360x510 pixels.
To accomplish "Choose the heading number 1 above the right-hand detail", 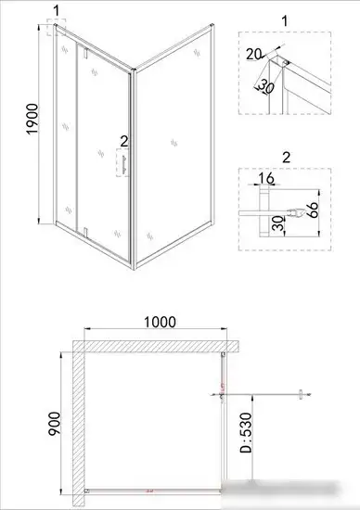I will click(x=285, y=19).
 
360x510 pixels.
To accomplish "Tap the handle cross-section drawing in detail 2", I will click(x=292, y=212).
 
